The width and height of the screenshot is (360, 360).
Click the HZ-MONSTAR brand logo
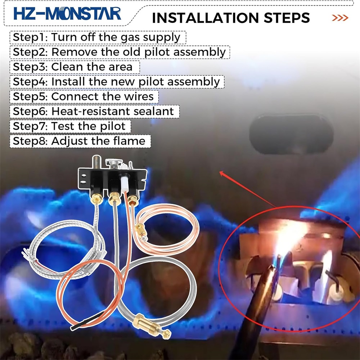(x=67, y=13)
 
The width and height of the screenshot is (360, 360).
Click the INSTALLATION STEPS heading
(x=231, y=18)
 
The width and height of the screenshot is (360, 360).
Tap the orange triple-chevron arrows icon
(x=340, y=18)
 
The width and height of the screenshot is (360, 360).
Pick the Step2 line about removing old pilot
(x=120, y=52)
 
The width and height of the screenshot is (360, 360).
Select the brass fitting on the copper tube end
(x=141, y=232)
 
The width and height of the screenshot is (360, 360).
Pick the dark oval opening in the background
(x=291, y=134)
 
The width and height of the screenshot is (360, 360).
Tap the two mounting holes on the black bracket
(x=84, y=179)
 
